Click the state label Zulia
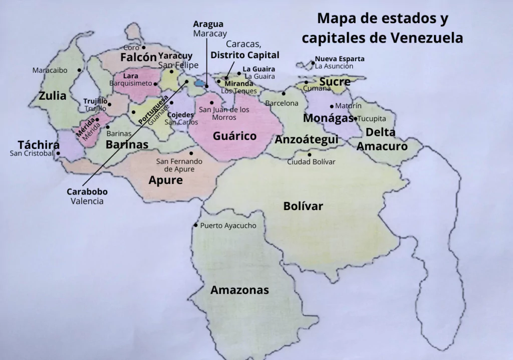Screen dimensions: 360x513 point(53,96)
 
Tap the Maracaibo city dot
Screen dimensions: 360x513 point(80,71)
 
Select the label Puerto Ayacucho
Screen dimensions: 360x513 point(228,226)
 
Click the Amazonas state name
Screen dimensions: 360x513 point(239,290)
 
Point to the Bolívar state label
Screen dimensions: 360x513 point(303,206)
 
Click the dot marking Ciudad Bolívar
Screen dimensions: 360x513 point(309,154)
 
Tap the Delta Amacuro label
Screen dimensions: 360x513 point(382,139)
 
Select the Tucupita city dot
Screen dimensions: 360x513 point(355,119)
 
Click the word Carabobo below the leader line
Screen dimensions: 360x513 point(87,192)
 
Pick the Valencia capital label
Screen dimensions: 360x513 point(87,201)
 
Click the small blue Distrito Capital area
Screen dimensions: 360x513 point(200,83)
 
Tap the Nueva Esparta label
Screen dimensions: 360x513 point(340,59)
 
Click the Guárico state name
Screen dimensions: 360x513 point(234,136)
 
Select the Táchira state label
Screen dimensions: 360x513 point(39,144)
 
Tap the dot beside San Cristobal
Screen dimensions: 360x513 point(58,153)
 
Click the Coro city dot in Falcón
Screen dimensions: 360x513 point(143,48)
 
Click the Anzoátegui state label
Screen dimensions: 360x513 point(307,139)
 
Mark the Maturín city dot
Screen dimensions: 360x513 point(332,106)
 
